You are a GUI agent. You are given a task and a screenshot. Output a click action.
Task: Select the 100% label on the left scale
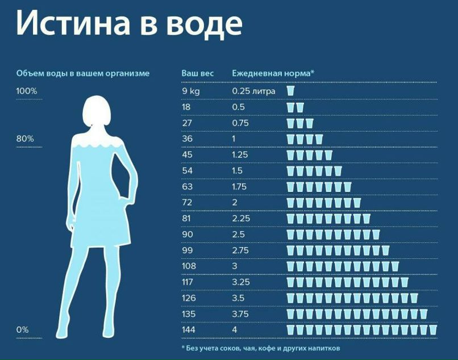pyautogui.click(x=26, y=91)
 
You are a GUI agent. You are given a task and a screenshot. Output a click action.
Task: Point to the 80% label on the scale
pyautogui.click(x=25, y=139)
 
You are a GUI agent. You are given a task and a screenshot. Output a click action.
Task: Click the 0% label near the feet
pyautogui.click(x=22, y=329)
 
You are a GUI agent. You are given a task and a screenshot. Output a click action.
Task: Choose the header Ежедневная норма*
pyautogui.click(x=273, y=74)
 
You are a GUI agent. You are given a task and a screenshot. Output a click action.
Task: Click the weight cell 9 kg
pyautogui.click(x=191, y=91)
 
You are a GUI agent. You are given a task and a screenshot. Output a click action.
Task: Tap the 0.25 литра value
pyautogui.click(x=253, y=91)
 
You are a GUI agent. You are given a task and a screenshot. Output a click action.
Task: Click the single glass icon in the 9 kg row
pyautogui.click(x=290, y=91)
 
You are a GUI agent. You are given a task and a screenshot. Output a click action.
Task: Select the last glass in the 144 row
pyautogui.click(x=432, y=329)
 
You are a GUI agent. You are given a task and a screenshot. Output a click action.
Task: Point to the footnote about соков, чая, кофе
pyautogui.click(x=261, y=348)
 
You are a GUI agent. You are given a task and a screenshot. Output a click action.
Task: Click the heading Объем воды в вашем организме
pyautogui.click(x=83, y=74)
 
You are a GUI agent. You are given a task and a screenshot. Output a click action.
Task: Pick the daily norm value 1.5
pyautogui.click(x=238, y=170)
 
